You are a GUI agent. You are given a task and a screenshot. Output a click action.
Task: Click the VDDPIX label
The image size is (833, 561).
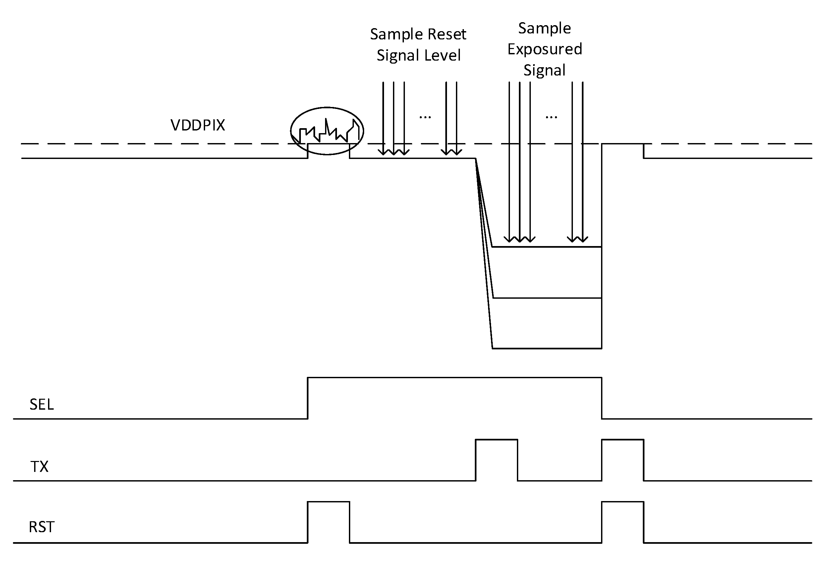coord(197,125)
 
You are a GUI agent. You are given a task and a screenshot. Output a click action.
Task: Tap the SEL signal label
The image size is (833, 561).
coord(41,404)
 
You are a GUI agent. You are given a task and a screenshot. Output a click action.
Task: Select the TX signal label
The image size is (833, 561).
coord(39,467)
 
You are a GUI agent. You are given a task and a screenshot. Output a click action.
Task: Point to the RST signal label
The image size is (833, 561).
coord(41,527)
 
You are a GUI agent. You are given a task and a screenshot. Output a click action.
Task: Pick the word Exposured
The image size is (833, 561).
coord(544,49)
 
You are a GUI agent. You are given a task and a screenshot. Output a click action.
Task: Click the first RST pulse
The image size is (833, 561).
coord(328,502)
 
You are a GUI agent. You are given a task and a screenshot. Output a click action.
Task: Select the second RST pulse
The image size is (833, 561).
coord(623,502)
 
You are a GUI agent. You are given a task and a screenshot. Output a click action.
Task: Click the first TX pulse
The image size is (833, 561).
coord(496,440)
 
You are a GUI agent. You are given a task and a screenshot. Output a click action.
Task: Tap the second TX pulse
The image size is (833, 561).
coord(623,440)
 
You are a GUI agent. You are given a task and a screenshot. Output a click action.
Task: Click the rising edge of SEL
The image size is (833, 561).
coord(308,398)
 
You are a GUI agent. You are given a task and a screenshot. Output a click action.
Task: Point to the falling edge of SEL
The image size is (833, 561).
coord(602,398)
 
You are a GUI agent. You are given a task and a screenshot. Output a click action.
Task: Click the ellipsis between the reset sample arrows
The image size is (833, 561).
coord(425,117)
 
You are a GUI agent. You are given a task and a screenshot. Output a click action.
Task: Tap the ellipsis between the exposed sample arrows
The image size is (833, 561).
coord(551,117)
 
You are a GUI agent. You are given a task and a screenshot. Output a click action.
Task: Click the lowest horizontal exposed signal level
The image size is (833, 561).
coord(547,348)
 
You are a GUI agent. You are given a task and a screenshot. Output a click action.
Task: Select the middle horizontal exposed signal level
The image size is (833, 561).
coord(547,298)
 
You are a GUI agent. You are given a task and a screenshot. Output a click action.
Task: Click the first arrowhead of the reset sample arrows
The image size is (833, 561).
coord(383,152)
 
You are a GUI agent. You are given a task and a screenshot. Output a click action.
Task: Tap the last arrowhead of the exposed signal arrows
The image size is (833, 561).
coord(583,239)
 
